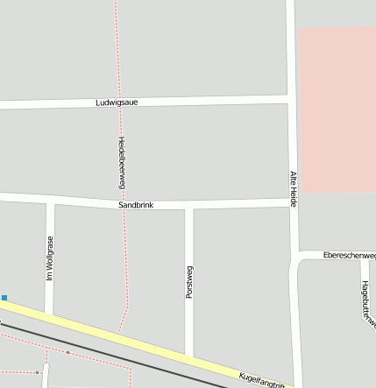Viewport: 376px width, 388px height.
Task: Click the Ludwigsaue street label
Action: pos(117,102)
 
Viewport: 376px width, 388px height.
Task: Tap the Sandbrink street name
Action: pos(136,205)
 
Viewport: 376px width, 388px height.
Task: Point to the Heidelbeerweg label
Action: pos(122,163)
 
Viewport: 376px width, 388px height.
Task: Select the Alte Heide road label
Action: pos(294,188)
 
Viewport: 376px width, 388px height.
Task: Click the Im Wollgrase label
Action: pos(50,258)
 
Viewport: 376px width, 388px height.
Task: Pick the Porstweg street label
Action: pos(189,282)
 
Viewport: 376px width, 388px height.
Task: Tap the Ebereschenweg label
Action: pos(349,255)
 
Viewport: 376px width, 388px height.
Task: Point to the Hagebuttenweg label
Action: pos(365,303)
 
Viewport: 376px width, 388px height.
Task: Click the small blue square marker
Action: pos(4,298)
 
